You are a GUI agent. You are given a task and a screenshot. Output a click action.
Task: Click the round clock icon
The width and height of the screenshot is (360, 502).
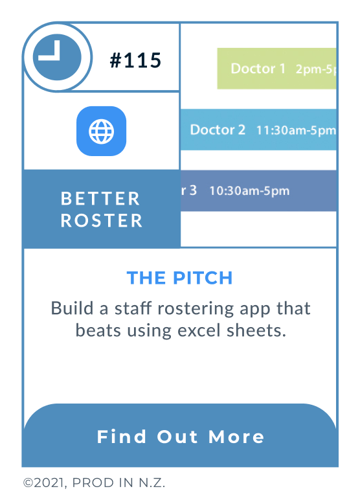(56, 57)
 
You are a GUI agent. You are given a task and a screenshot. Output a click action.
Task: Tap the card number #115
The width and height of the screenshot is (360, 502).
(135, 61)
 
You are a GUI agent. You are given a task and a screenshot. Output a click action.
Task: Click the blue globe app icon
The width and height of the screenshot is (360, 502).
(101, 131)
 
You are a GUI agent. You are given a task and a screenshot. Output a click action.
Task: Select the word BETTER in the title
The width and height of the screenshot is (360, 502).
(100, 198)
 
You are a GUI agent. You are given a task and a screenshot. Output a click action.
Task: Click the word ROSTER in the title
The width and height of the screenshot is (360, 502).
(102, 220)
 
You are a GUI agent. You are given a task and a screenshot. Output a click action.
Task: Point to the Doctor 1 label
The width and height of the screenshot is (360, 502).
(258, 69)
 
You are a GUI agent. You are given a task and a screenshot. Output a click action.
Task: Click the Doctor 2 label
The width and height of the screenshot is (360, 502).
(218, 130)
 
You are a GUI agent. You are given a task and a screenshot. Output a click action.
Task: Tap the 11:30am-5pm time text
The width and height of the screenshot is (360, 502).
(295, 130)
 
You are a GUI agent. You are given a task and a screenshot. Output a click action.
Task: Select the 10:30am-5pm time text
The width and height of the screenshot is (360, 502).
(249, 191)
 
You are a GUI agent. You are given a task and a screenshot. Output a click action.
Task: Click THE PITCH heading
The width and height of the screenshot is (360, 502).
(179, 278)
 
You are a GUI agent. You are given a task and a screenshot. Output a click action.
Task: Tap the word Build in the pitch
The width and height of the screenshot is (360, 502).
(72, 308)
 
